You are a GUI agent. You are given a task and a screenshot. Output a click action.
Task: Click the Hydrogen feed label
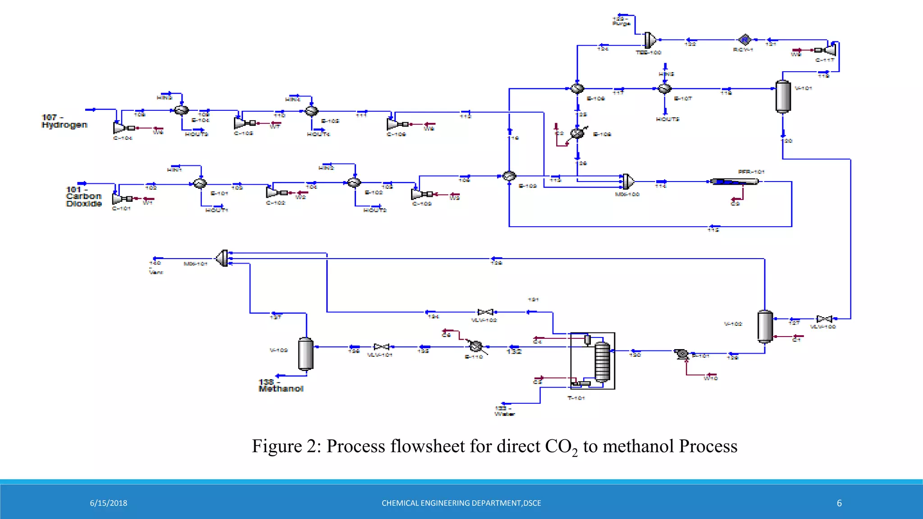tap(64, 121)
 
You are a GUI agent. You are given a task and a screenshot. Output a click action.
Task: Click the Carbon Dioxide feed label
tap(83, 196)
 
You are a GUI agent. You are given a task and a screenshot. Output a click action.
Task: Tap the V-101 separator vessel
tap(783, 96)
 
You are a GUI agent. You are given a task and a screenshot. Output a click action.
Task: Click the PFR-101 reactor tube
tap(734, 182)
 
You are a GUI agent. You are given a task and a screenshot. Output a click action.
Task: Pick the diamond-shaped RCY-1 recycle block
tap(745, 40)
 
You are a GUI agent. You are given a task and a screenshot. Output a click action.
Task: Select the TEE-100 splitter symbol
tap(650, 40)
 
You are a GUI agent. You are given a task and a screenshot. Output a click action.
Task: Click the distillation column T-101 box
tap(592, 361)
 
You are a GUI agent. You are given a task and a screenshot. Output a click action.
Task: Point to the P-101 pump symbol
tap(681, 354)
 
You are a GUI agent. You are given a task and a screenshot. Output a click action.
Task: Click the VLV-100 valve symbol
tap(824, 319)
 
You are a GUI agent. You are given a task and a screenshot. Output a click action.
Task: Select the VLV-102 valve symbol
tap(485, 312)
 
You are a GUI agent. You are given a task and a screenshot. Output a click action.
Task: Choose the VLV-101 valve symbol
tap(381, 347)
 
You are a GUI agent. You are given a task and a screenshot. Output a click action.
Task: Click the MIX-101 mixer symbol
tap(223, 258)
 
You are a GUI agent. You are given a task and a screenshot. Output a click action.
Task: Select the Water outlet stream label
tap(504, 411)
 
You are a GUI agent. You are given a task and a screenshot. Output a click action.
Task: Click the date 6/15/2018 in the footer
tap(108, 503)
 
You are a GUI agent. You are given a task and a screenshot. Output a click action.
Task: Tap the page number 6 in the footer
tap(839, 503)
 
